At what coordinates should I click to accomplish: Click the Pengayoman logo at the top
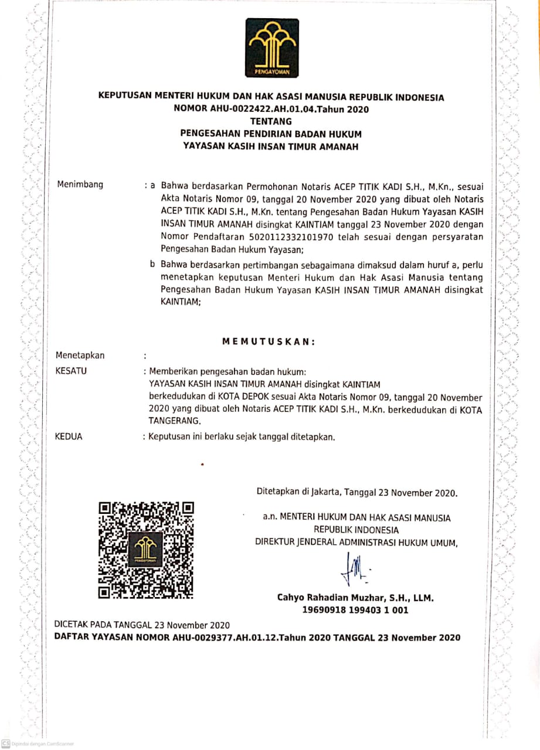click(x=272, y=47)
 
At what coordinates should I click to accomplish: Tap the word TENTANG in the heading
click(x=271, y=121)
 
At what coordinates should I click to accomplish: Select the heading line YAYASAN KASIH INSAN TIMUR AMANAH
click(x=271, y=146)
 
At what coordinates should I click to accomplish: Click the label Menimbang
click(x=80, y=185)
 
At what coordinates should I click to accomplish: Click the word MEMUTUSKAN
click(x=269, y=342)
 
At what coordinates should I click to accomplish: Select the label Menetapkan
click(x=80, y=355)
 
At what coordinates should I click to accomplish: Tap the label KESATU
click(x=71, y=371)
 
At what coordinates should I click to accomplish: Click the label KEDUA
click(x=69, y=437)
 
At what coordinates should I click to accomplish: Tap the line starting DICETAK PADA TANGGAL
click(x=142, y=625)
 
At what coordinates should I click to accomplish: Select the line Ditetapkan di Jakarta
click(x=357, y=492)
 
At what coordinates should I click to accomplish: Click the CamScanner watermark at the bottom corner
click(x=38, y=743)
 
